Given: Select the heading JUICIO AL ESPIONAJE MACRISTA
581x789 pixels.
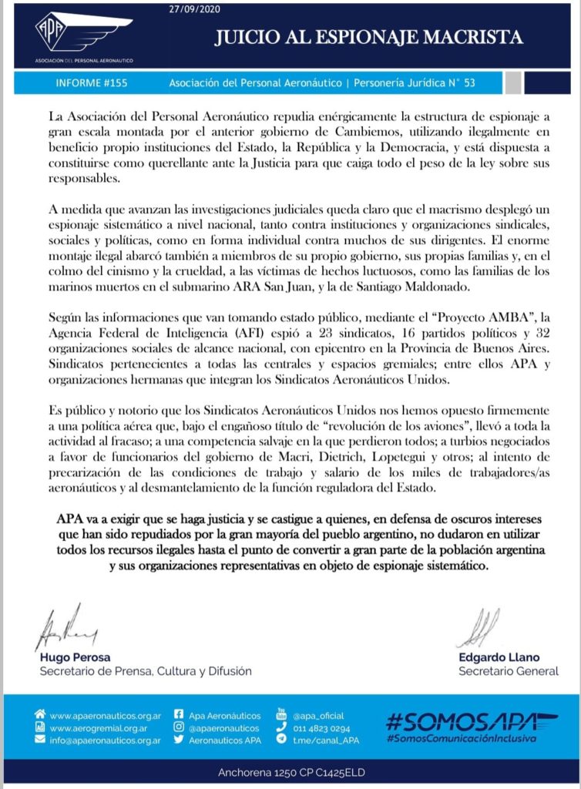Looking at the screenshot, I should tap(368, 37).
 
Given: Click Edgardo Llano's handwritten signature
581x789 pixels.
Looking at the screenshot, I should tap(476, 627).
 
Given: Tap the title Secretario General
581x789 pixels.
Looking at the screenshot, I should tap(508, 671).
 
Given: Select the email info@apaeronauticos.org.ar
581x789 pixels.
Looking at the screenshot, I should tap(106, 740).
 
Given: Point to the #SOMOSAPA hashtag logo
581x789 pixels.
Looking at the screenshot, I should tap(471, 722).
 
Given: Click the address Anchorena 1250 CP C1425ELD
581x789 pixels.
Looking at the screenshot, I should tap(290, 774).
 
